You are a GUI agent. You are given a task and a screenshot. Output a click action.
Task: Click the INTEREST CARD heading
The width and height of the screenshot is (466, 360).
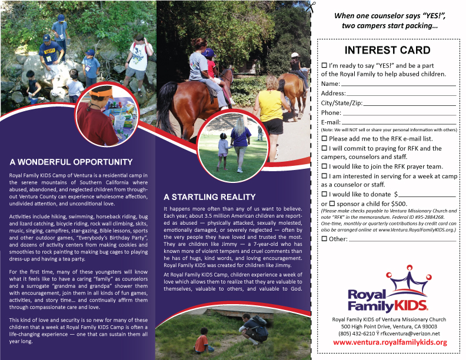coord(387,50)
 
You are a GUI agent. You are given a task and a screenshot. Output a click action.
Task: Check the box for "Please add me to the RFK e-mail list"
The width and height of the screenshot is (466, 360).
coord(324,138)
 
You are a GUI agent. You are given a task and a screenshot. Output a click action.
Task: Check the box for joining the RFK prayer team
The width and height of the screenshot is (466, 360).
coord(324,166)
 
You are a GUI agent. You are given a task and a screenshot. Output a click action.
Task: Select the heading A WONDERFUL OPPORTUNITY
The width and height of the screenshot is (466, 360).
coord(71,162)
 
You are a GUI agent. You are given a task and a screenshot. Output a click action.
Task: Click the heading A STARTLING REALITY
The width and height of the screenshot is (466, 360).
coord(209,197)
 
